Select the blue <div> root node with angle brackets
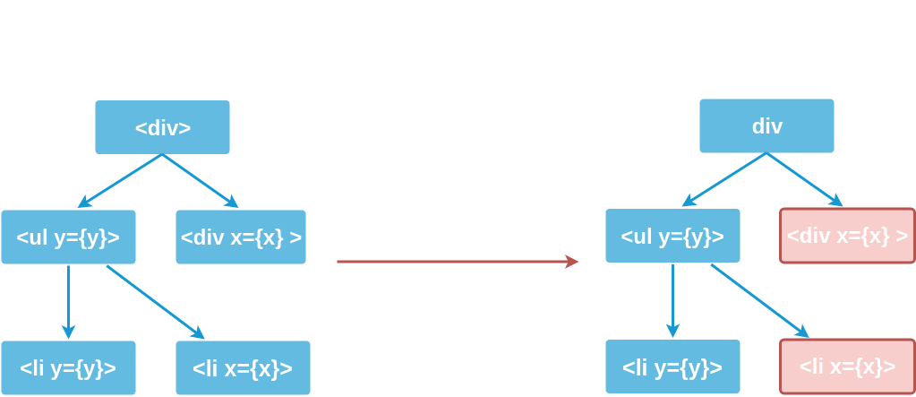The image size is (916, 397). click(x=162, y=127)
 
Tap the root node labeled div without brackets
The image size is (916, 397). click(x=766, y=125)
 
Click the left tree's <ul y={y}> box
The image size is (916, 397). click(x=68, y=237)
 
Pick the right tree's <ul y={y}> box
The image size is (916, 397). click(x=672, y=237)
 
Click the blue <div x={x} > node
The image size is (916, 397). click(x=241, y=237)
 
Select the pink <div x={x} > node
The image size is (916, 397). click(x=846, y=237)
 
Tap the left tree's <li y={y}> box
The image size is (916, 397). click(x=68, y=367)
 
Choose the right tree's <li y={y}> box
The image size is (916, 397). click(x=672, y=367)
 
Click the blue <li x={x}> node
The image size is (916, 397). click(x=242, y=367)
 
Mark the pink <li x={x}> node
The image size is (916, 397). click(x=847, y=367)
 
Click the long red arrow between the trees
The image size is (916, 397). click(x=457, y=262)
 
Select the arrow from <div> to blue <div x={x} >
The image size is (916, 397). click(x=199, y=180)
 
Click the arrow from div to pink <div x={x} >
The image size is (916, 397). click(x=804, y=179)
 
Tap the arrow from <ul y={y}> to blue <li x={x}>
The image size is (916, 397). click(x=154, y=302)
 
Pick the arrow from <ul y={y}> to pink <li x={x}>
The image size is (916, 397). click(x=759, y=301)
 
